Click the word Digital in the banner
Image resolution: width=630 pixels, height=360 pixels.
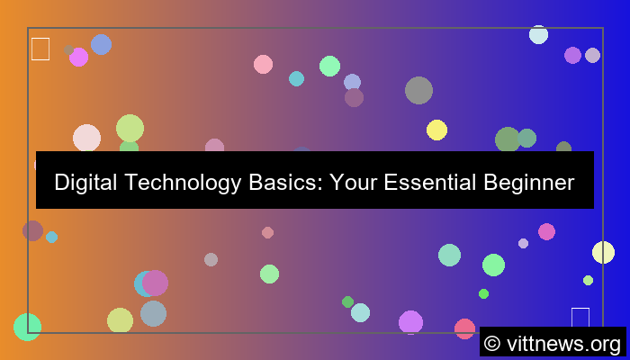click(x=84, y=183)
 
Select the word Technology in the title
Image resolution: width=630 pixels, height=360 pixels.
click(x=176, y=183)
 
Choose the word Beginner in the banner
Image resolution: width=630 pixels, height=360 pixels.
click(x=526, y=183)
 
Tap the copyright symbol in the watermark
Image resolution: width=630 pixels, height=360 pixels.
click(x=492, y=343)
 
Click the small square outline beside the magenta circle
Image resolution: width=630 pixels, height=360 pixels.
click(x=40, y=49)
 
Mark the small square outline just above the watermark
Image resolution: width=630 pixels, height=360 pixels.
click(x=580, y=318)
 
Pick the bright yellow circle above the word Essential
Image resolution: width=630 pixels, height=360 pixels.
click(x=436, y=130)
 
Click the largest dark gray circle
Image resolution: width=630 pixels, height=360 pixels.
click(x=418, y=90)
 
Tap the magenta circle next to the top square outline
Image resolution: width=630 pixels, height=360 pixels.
click(x=79, y=57)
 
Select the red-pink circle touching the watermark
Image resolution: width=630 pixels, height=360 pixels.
click(x=464, y=328)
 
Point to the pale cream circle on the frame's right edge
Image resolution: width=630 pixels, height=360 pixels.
click(x=603, y=252)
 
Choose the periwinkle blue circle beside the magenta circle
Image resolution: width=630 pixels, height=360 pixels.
click(x=101, y=44)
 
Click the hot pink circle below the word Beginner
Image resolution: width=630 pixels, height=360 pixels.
click(x=546, y=231)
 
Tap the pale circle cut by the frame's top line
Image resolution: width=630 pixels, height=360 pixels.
click(x=538, y=34)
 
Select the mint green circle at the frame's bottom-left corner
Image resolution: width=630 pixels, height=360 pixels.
click(x=27, y=327)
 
